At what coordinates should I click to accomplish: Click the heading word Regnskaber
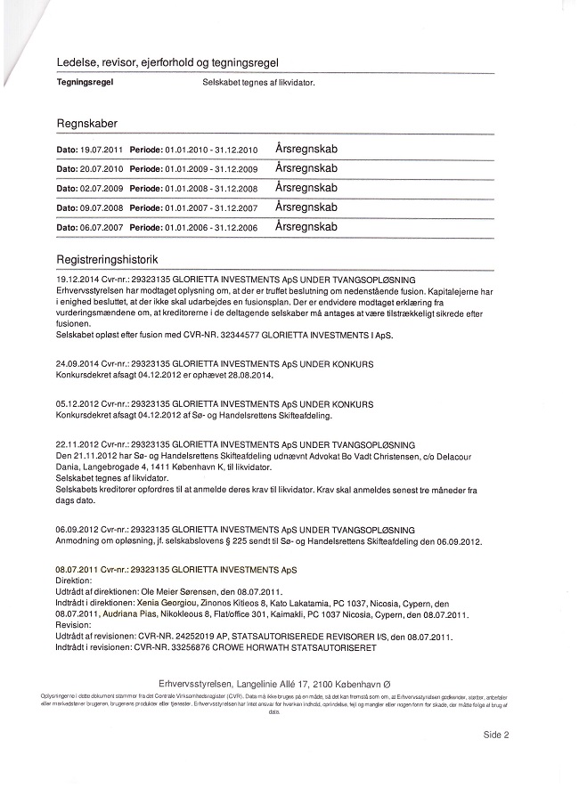click(86, 124)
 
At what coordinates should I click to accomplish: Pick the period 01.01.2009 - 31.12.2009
click(211, 169)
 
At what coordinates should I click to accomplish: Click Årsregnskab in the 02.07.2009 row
click(306, 188)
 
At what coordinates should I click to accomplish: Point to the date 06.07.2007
click(103, 228)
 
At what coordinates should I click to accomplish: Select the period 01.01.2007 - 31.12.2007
click(211, 208)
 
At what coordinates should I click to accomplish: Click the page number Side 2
click(495, 735)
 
